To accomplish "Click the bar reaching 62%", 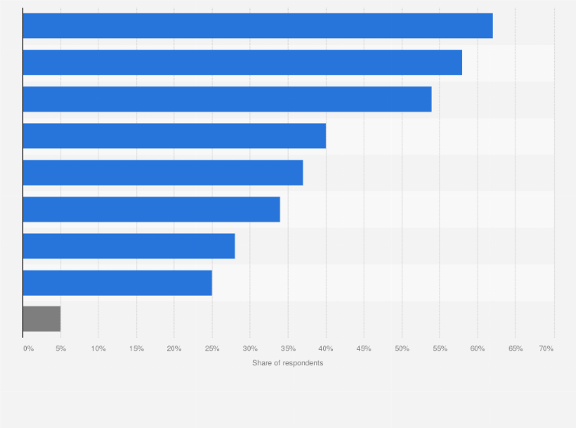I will pos(257,25).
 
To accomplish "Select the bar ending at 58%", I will pos(242,62).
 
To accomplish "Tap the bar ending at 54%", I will pos(227,99).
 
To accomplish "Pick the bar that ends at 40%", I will pos(174,135).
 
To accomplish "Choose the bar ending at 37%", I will pos(163,172).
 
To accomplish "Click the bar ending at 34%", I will pos(151,209).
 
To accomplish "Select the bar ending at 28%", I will pos(128,245).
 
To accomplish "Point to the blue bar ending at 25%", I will pos(117,282).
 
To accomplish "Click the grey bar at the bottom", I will pos(41,319).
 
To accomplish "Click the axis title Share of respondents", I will pos(287,362).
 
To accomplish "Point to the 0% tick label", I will pos(28,349).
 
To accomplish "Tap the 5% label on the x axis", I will pos(60,349).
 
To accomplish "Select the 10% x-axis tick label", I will pos(99,349).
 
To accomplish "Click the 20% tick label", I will pos(174,349).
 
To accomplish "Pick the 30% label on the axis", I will pos(250,349).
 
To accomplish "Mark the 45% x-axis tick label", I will pos(364,349).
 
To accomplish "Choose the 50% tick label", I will pos(402,349).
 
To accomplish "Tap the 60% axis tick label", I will pos(477,349).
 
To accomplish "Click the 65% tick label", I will pos(515,349).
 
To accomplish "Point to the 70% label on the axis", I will pos(546,349).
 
